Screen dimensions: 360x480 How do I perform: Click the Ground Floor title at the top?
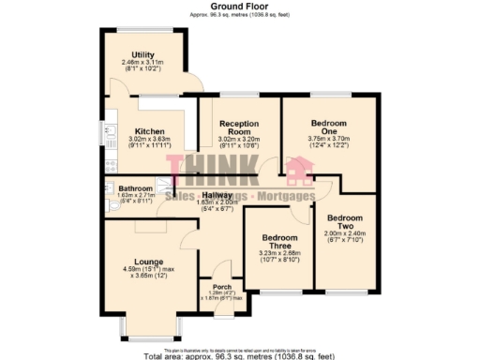tap(239, 6)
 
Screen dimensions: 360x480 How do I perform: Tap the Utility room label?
tap(142, 55)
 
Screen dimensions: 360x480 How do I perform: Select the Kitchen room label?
tap(149, 131)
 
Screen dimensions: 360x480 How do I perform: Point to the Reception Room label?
tap(239, 127)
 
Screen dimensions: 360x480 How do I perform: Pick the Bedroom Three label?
tap(278, 241)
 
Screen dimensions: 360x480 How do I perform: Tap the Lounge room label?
tap(148, 262)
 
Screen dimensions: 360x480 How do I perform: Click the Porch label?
tap(222, 287)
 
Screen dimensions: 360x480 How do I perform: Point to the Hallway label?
tap(218, 193)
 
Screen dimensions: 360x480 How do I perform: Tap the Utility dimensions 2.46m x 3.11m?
tap(142, 63)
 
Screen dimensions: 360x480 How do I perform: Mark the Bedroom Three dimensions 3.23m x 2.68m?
tap(278, 253)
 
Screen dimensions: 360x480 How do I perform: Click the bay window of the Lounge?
tap(145, 336)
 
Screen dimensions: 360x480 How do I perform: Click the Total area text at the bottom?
tap(239, 355)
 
